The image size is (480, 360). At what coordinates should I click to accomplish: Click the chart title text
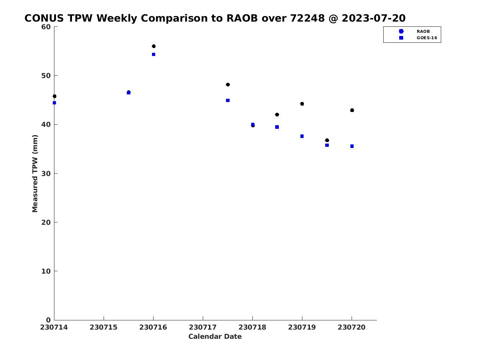[x=215, y=18]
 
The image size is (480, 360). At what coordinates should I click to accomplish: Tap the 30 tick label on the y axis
[x=46, y=174]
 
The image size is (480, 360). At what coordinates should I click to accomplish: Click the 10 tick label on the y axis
[x=46, y=271]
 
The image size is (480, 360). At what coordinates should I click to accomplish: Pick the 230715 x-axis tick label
[x=104, y=327]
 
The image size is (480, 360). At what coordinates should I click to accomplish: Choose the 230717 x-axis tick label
[x=203, y=327]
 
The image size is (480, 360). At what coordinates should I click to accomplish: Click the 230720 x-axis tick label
[x=352, y=327]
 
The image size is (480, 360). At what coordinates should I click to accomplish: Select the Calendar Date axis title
[x=215, y=336]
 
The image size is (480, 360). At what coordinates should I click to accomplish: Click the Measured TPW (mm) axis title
[x=35, y=173]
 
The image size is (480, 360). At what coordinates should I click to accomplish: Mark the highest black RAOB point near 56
[x=154, y=46]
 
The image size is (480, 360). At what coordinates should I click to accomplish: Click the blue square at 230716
[x=154, y=54]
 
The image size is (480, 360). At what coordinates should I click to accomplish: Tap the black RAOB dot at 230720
[x=352, y=110]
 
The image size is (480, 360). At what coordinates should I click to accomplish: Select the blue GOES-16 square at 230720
[x=352, y=146]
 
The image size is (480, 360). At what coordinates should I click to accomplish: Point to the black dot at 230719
[x=302, y=104]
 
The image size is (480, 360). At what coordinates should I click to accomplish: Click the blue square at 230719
[x=302, y=136]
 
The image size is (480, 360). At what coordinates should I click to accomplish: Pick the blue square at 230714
[x=54, y=103]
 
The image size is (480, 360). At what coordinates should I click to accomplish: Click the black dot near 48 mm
[x=228, y=84]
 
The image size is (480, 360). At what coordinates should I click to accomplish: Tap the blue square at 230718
[x=252, y=124]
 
